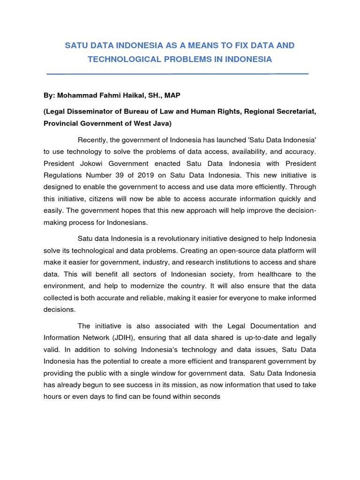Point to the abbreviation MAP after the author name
pyautogui.click(x=171, y=95)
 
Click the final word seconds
pyautogui.click(x=205, y=396)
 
